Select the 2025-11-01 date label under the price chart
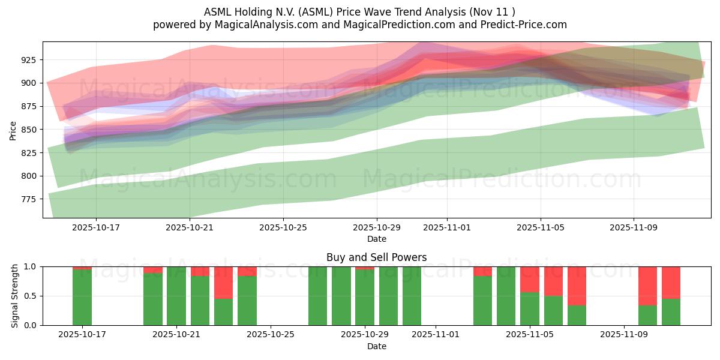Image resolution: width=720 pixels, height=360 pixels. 446,228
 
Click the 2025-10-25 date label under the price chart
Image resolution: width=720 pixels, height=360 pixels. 283,228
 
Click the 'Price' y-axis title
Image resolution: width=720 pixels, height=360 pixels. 13,130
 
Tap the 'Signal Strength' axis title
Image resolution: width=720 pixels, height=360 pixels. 15,296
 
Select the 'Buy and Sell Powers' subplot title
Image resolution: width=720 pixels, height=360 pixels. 376,257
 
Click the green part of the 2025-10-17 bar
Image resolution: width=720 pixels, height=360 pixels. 82,298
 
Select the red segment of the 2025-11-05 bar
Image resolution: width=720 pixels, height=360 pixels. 530,279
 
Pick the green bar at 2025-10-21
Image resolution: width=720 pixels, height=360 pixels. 176,296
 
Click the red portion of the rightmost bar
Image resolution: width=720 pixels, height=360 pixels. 671,282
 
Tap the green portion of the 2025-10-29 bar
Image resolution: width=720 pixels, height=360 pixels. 365,298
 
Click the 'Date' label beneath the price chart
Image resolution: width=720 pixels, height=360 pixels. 376,239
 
